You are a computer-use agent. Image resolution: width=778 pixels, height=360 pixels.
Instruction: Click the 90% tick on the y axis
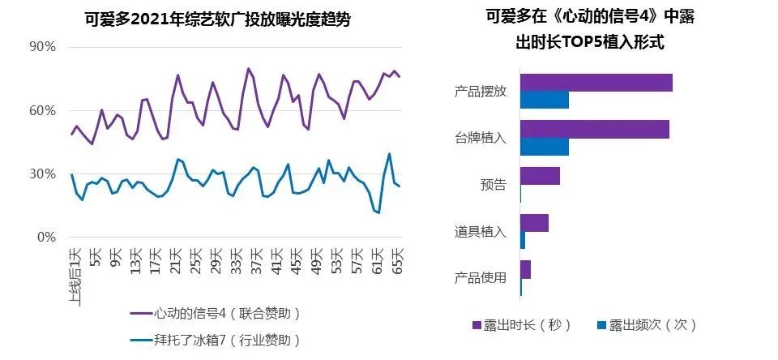tap(43, 47)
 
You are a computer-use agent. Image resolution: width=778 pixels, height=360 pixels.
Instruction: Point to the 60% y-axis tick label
tap(43, 110)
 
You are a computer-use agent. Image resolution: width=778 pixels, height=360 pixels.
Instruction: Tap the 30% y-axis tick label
tap(43, 174)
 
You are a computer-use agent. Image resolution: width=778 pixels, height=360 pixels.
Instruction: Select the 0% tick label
tap(47, 238)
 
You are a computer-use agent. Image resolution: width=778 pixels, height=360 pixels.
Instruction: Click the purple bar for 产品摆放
tap(596, 82)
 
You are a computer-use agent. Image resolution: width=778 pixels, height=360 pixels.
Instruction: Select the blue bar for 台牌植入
tap(544, 147)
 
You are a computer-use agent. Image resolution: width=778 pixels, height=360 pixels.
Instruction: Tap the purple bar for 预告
tap(540, 176)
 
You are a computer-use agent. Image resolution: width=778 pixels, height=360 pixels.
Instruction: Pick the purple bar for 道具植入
tap(534, 222)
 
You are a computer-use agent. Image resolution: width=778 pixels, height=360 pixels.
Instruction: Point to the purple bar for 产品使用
tap(525, 269)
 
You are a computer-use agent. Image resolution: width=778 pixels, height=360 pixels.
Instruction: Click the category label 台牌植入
tap(481, 138)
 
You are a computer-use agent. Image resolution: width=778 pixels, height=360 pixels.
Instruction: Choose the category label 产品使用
tap(481, 278)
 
